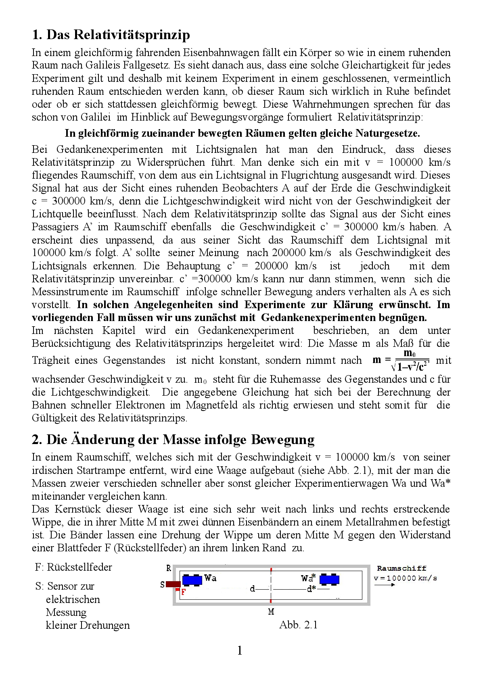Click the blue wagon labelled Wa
click(192, 580)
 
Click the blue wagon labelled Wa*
click(329, 580)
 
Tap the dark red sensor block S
click(173, 584)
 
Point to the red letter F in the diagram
click(183, 592)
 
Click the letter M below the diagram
click(271, 612)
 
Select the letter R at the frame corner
click(169, 568)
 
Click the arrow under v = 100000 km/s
click(385, 585)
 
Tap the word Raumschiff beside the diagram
click(401, 568)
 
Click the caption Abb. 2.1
click(298, 625)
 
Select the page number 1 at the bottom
click(240, 650)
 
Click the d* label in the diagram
click(311, 589)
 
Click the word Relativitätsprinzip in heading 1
click(132, 35)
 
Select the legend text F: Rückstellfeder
click(73, 567)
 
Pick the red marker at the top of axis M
click(271, 569)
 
